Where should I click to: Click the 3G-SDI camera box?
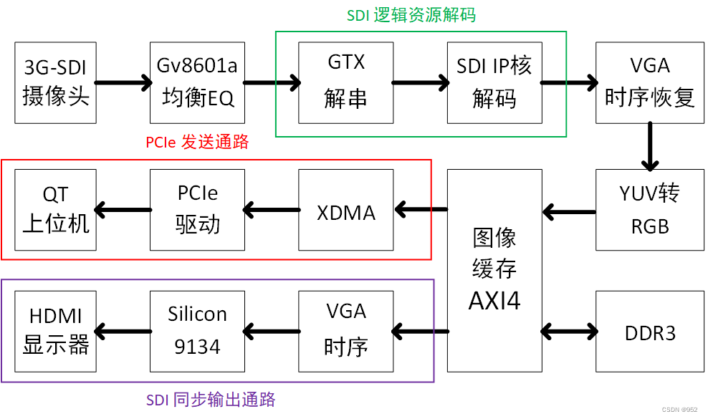point(56,82)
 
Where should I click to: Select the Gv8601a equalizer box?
point(197,82)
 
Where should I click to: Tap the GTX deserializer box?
point(346,82)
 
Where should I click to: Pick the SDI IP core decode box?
point(494,82)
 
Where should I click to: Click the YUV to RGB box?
point(650,210)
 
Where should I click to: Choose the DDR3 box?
point(650,332)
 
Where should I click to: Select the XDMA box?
point(346,210)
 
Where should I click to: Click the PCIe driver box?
point(197,210)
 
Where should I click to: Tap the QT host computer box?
point(56,210)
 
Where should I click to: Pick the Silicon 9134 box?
point(197,332)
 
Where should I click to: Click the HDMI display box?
point(56,332)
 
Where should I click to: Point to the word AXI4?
point(494,301)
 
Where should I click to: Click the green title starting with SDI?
point(411,15)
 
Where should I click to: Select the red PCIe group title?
point(197,143)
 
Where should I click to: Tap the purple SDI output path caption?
point(211,400)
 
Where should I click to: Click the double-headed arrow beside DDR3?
point(569,332)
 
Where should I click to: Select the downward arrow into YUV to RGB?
point(650,146)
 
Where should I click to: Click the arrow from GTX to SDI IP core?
point(421,82)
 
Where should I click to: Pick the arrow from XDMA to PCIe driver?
point(272,209)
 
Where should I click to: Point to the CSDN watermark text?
point(679,410)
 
